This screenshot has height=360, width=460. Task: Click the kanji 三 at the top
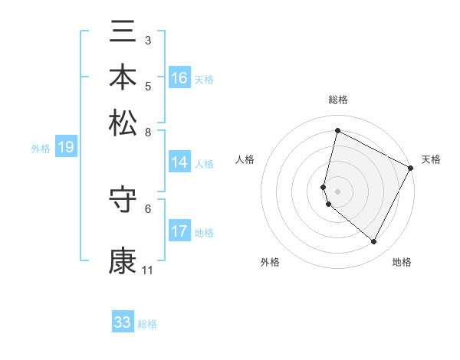(123, 33)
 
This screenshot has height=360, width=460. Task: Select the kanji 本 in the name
(123, 77)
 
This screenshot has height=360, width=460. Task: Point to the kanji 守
(123, 201)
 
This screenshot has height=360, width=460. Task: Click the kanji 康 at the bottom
(123, 260)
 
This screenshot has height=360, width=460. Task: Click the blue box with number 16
(179, 78)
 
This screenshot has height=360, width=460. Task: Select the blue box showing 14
(179, 162)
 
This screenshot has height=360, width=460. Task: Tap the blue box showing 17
(179, 231)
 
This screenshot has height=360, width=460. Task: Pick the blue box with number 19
(65, 148)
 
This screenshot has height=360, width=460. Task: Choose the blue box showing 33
(123, 322)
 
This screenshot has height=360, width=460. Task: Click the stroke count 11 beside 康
(147, 270)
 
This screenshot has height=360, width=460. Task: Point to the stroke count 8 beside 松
(148, 131)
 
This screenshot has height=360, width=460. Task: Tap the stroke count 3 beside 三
(148, 40)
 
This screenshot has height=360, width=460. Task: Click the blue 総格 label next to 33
(147, 324)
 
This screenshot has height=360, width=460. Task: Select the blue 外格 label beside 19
(41, 149)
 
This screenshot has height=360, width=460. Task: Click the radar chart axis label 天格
(431, 159)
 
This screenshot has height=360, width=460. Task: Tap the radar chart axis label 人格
(245, 159)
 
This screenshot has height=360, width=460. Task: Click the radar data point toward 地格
(373, 242)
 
